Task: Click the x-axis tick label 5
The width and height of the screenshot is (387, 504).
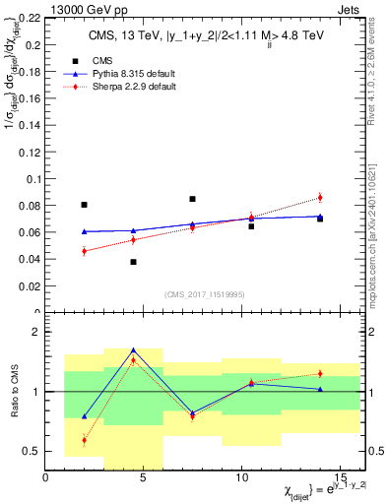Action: (x=144, y=477)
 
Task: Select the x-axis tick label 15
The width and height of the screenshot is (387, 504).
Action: (x=339, y=477)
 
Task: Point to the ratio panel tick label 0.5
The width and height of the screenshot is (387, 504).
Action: (x=32, y=451)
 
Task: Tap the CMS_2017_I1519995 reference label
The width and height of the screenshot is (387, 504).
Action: (x=203, y=293)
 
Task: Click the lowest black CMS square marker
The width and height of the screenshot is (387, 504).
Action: (x=133, y=262)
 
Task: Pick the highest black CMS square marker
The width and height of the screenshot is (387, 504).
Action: (x=192, y=199)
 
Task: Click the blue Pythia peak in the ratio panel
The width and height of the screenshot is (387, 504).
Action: (x=133, y=349)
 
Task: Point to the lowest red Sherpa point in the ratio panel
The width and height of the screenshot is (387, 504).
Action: (x=84, y=440)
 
